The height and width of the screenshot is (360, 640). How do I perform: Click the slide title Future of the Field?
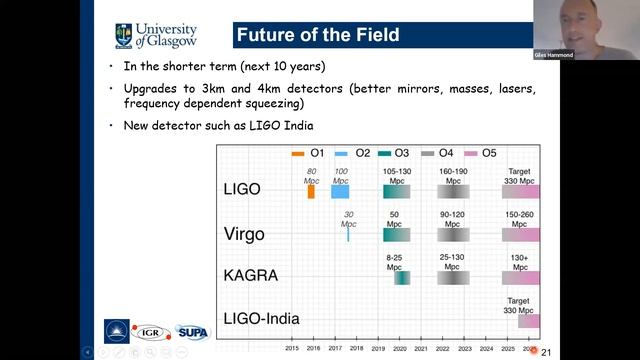[317, 36]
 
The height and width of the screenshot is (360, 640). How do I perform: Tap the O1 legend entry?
[307, 153]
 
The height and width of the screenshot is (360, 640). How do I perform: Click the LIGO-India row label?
[262, 319]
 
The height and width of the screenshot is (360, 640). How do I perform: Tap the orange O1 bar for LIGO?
[311, 191]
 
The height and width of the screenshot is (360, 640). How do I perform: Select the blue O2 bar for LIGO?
[340, 191]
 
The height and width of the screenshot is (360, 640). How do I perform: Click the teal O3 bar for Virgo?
[397, 234]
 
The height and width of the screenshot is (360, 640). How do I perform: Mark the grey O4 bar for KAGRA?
[453, 278]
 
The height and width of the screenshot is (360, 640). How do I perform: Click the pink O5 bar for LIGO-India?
[528, 321]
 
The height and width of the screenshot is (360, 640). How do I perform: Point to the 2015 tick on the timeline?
[291, 349]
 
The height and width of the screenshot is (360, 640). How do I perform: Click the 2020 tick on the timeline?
[400, 349]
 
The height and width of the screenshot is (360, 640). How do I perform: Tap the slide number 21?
[546, 351]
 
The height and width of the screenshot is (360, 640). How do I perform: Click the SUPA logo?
[192, 331]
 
